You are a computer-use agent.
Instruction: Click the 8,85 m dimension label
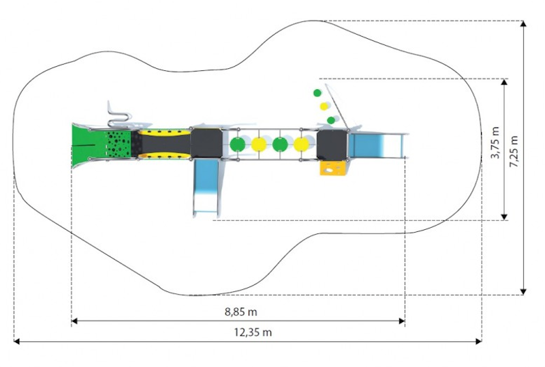coord(241,312)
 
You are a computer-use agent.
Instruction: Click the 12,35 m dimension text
coord(253,332)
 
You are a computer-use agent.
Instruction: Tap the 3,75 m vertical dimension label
coord(495,143)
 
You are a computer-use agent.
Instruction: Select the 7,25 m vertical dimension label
coord(514,151)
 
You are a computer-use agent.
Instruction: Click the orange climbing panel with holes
coord(333,168)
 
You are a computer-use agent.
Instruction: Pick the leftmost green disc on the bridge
coord(237,144)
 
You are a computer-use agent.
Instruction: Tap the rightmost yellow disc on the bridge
coord(301,144)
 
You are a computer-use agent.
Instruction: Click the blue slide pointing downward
coord(206,188)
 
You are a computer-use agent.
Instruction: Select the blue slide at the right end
coord(377,146)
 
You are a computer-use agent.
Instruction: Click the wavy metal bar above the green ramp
coord(119,116)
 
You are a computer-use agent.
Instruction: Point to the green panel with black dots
coord(118,144)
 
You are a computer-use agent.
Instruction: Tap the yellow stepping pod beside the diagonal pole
coord(324,106)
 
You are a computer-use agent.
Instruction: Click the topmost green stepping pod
coord(317,93)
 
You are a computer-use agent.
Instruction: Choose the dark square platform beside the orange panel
coord(332,145)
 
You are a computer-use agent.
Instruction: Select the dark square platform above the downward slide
coord(206,143)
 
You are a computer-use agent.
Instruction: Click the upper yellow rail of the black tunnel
coord(164,132)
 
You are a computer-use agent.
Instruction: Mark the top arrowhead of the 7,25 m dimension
coord(523,24)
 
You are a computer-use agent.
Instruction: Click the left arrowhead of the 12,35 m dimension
coord(17,342)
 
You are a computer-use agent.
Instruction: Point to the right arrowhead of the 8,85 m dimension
coord(402,321)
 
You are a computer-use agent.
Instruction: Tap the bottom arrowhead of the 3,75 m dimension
coord(504,217)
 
